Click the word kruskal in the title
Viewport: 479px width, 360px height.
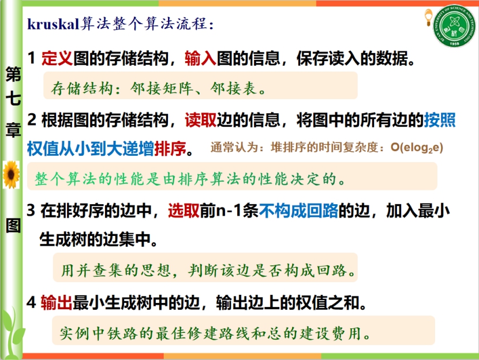[54, 24]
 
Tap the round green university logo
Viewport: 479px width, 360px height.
[455, 26]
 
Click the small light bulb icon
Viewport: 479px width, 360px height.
[428, 18]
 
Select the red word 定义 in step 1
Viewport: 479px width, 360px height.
[57, 58]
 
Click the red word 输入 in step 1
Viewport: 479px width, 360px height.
[200, 58]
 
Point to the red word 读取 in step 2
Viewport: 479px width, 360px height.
[200, 119]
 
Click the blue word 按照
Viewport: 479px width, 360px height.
[440, 119]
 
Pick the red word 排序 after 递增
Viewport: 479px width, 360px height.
[170, 149]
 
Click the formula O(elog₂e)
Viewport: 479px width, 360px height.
[417, 148]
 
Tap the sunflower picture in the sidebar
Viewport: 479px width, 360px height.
[12, 174]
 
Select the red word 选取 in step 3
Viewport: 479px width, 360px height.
[184, 211]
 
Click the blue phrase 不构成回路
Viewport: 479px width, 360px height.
[298, 211]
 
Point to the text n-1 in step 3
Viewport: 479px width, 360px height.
[229, 211]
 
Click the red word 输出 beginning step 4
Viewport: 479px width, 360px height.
[57, 303]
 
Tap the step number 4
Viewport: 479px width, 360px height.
[31, 303]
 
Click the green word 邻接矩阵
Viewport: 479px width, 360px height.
[162, 88]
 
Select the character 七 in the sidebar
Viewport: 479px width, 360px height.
[13, 99]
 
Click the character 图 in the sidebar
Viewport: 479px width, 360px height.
[13, 226]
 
